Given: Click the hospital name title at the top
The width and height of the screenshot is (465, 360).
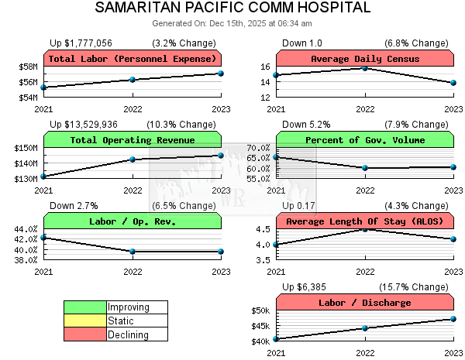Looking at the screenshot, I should click(232, 9).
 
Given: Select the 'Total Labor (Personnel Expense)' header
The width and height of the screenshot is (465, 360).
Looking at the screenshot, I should click(133, 59).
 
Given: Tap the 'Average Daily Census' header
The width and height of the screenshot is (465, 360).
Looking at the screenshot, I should click(365, 59).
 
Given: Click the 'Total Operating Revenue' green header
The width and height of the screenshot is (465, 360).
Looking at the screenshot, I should click(133, 140).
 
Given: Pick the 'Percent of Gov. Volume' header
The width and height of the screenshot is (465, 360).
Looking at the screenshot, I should click(365, 140).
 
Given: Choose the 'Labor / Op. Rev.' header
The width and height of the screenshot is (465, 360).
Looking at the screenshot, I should click(133, 221).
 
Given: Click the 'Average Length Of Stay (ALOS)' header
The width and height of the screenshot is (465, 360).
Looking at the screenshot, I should click(365, 221).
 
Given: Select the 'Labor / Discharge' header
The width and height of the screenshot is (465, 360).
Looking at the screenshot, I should click(365, 303).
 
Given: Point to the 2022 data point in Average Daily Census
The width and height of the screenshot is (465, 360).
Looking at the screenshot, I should click(365, 68).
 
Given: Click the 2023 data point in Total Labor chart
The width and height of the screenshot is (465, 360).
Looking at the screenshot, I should click(221, 74).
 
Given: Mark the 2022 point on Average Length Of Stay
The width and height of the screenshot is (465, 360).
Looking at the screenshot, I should click(365, 229).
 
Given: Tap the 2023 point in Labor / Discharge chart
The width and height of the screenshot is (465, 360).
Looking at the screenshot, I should click(453, 319).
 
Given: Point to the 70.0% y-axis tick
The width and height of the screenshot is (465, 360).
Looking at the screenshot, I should click(257, 148).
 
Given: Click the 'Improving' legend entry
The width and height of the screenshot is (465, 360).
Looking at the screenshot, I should click(128, 307).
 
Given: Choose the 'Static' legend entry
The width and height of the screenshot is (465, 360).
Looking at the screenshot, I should click(121, 321).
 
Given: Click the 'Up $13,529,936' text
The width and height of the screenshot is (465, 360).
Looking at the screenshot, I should click(84, 124).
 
